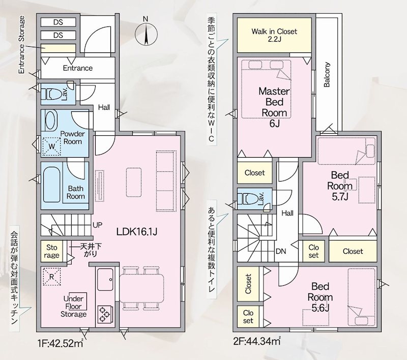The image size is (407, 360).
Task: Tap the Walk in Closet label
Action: [274, 35]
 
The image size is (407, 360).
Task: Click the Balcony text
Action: [327, 75]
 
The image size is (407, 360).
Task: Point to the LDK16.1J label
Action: [136, 232]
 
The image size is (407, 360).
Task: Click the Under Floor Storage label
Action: [73, 306]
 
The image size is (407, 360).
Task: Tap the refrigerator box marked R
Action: [52, 277]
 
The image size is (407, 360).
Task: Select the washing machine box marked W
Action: [52, 146]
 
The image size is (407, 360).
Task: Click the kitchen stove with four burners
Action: [105, 314]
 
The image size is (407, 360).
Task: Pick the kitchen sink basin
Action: [105, 280]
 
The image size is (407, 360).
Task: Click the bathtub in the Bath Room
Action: [52, 185]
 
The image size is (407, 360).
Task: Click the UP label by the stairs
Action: [98, 225]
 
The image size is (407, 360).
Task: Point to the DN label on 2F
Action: [281, 251]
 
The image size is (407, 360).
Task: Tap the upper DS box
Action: [58, 22]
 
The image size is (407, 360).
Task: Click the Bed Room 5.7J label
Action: [340, 186]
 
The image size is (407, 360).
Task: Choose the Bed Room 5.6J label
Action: [321, 297]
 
